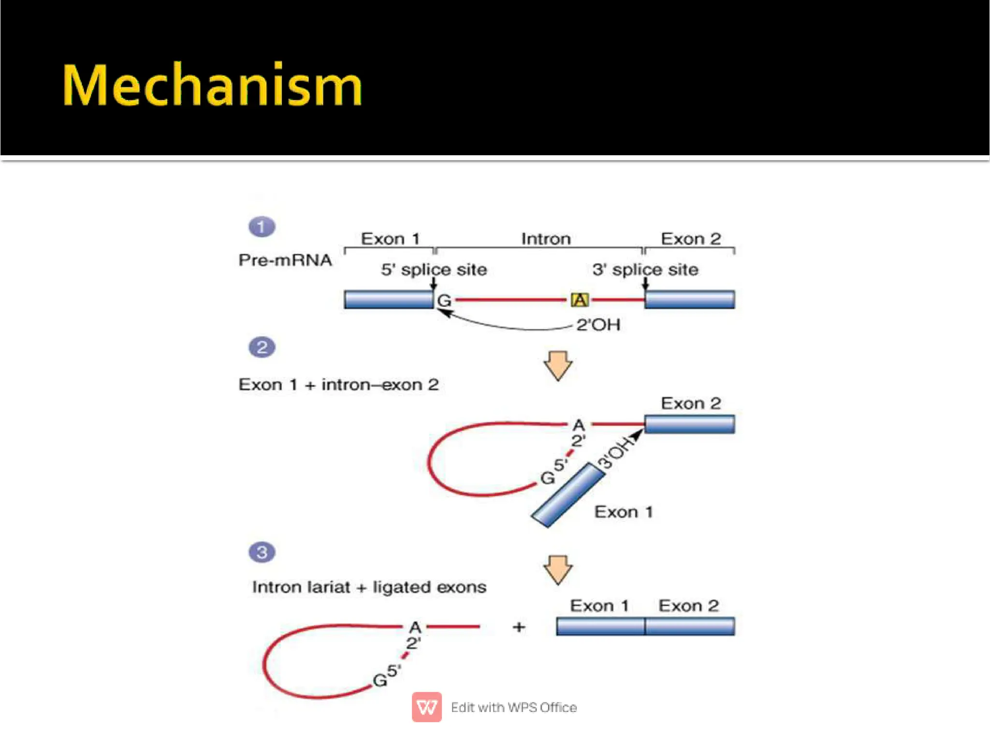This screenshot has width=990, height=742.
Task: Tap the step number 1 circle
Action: [x=262, y=227]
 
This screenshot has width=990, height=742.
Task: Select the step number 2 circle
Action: [x=262, y=347]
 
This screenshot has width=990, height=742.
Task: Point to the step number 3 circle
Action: [x=262, y=552]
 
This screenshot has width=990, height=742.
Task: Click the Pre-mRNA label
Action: [x=285, y=260]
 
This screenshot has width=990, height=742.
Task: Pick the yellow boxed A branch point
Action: [x=580, y=300]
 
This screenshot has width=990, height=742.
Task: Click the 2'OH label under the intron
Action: [x=598, y=325]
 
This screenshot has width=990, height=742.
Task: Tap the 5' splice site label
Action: [x=434, y=269]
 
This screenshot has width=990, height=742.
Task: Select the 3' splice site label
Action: [x=645, y=269]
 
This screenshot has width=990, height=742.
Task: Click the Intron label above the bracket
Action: [x=546, y=239]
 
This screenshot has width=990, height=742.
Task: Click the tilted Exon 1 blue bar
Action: [x=568, y=495]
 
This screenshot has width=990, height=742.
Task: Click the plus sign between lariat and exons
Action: [x=519, y=627]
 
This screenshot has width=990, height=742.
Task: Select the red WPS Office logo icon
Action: [x=426, y=707]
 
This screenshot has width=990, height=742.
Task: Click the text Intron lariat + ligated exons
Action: [x=369, y=587]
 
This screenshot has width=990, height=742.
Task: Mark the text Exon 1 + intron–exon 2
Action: [x=338, y=385]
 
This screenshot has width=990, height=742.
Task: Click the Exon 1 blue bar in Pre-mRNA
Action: [x=389, y=300]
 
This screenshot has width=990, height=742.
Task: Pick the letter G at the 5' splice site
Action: [x=444, y=301]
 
